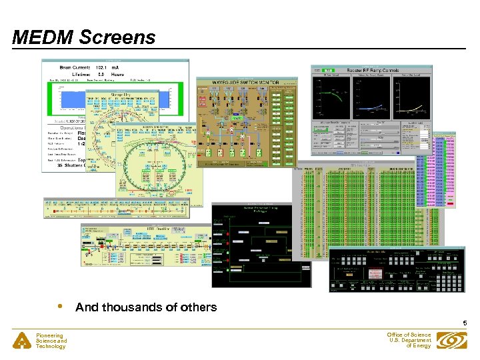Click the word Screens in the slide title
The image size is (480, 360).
click(x=117, y=37)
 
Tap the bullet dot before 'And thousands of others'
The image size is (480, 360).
click(x=61, y=307)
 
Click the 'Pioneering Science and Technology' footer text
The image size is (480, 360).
click(x=52, y=341)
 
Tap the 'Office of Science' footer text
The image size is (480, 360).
click(x=409, y=335)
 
